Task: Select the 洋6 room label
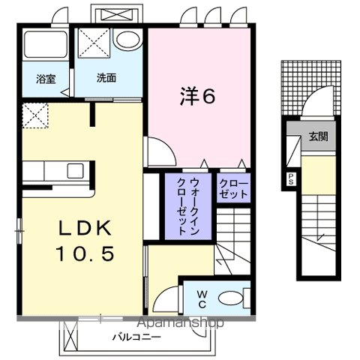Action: click(198, 97)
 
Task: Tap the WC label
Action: click(202, 298)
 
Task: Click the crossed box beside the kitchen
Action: click(35, 115)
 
